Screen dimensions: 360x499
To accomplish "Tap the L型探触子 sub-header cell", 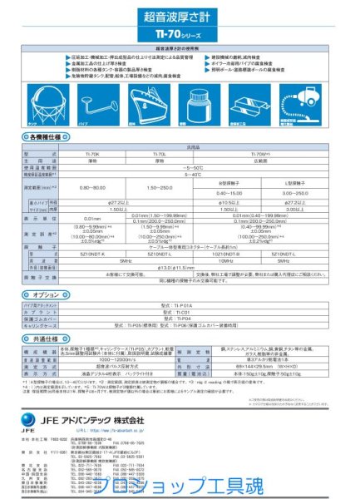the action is pyautogui.click(x=297, y=181).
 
